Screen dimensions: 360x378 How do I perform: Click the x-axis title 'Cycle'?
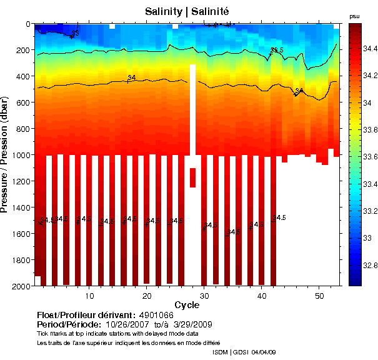click(187, 305)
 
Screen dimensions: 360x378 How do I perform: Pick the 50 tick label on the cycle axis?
click(319, 295)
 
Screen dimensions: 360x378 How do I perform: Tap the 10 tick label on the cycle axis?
click(90, 295)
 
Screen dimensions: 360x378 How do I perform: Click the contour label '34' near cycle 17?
click(132, 77)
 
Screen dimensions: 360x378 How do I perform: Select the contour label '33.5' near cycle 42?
click(277, 50)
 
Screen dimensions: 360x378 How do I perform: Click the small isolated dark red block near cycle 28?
click(192, 177)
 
